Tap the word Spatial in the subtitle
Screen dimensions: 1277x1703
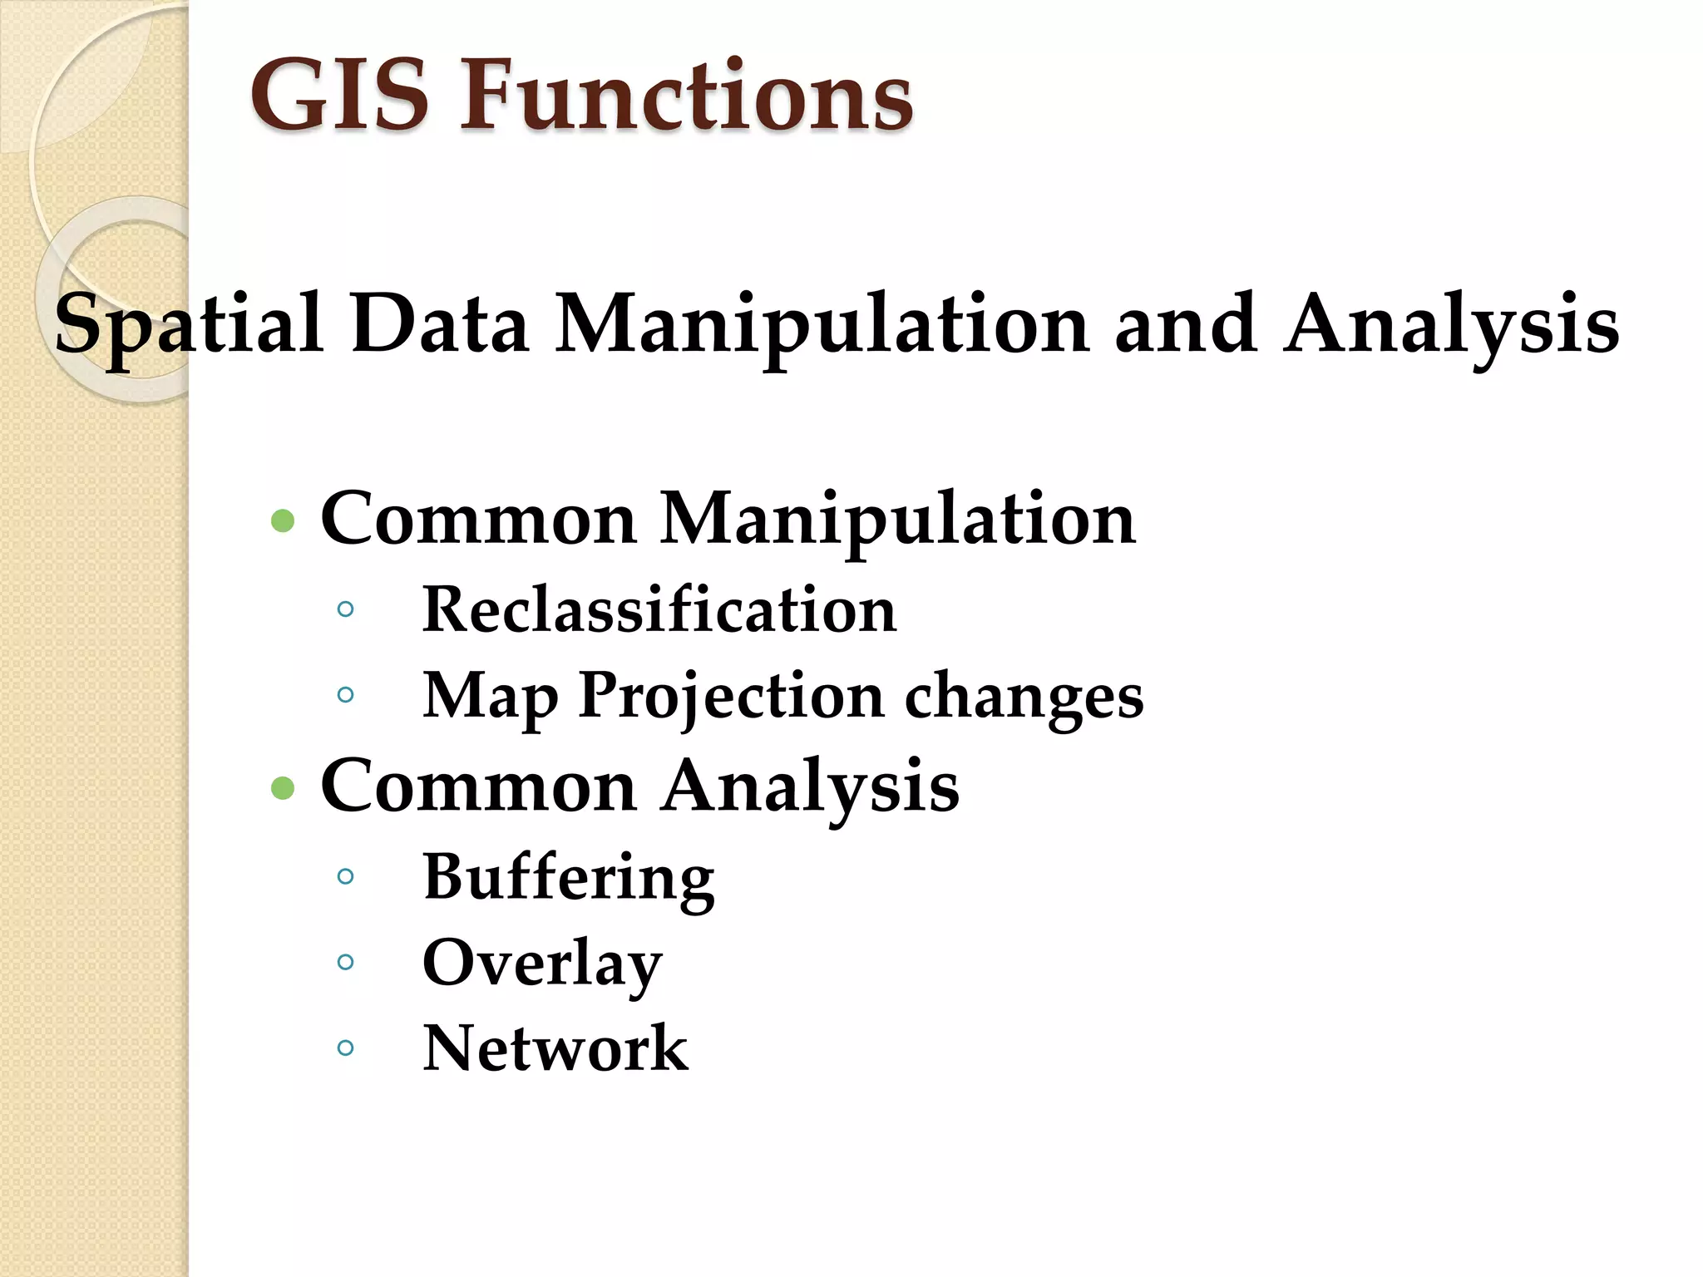pyautogui.click(x=188, y=324)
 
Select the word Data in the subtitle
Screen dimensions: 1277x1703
pyautogui.click(x=440, y=324)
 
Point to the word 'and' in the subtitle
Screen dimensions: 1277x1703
pyautogui.click(x=1186, y=324)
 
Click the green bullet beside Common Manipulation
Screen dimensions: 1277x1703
pyautogui.click(x=283, y=521)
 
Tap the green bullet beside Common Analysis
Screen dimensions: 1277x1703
pyautogui.click(x=283, y=787)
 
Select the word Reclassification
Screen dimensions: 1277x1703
pyautogui.click(x=659, y=609)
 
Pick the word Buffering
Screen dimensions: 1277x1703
pyautogui.click(x=569, y=878)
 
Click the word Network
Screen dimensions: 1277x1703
pyautogui.click(x=555, y=1048)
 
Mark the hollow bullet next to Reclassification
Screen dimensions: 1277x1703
pyautogui.click(x=346, y=609)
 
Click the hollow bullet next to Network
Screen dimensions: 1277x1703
pyautogui.click(x=346, y=1048)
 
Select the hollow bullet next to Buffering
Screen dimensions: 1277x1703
pyautogui.click(x=346, y=875)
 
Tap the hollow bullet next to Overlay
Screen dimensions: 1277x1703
pyautogui.click(x=346, y=962)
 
